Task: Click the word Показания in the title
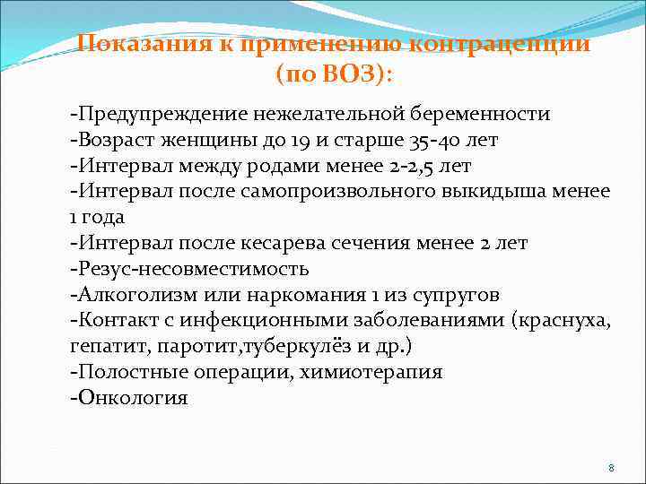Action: point(134,44)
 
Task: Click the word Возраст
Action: point(116,141)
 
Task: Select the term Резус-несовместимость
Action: point(192,269)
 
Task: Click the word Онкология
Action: point(132,398)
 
